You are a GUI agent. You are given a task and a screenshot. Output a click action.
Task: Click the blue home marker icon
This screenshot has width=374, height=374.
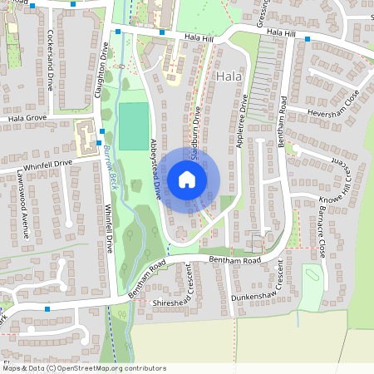click(x=187, y=180)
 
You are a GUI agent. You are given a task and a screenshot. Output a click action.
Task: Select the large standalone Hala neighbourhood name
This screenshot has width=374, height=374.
click(x=228, y=76)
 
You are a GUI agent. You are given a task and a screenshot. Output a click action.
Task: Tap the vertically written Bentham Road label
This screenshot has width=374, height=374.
click(x=283, y=121)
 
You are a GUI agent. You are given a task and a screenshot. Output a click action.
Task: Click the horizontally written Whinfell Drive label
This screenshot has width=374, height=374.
click(x=48, y=165)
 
